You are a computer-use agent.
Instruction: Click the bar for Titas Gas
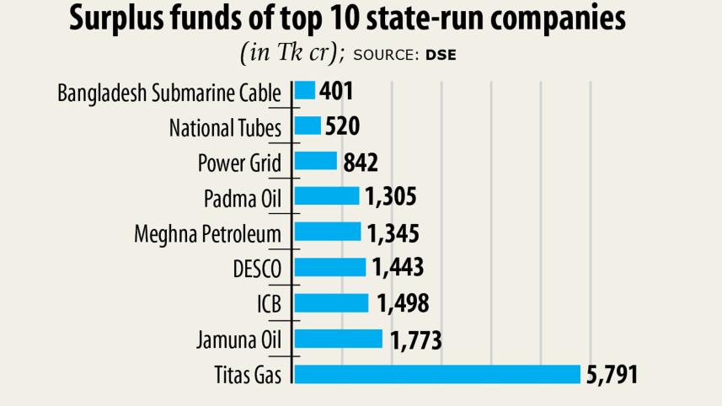click(437, 374)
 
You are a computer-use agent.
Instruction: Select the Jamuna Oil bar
click(338, 339)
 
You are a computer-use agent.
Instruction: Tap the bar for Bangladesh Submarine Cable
click(304, 90)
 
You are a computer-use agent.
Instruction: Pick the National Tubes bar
click(308, 126)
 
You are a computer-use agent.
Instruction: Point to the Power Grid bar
click(315, 162)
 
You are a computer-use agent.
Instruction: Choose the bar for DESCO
click(329, 268)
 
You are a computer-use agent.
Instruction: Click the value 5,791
click(612, 374)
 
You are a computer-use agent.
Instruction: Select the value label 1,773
click(416, 339)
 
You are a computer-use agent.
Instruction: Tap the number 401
click(338, 91)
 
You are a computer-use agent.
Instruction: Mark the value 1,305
click(391, 197)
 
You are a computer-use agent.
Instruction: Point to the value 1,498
click(403, 303)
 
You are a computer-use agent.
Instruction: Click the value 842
click(361, 162)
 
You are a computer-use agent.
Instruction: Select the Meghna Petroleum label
click(208, 233)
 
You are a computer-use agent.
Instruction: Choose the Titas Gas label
click(247, 375)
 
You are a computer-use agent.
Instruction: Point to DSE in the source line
click(441, 55)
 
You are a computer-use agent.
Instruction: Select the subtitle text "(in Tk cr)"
click(292, 52)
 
